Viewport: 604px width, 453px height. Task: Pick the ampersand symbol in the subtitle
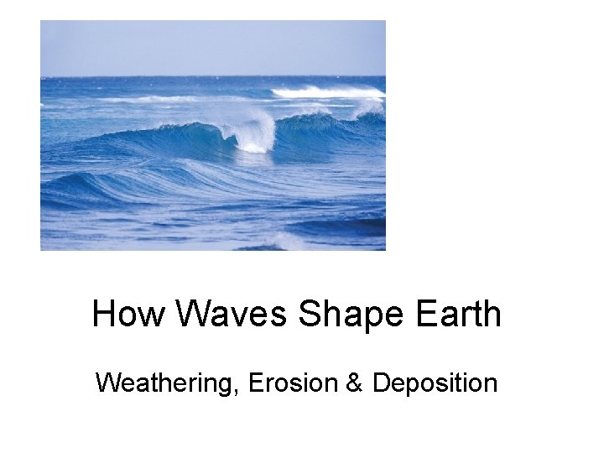point(353,383)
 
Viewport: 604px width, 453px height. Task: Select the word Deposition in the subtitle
point(435,383)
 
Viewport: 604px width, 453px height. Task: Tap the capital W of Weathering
point(107,383)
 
